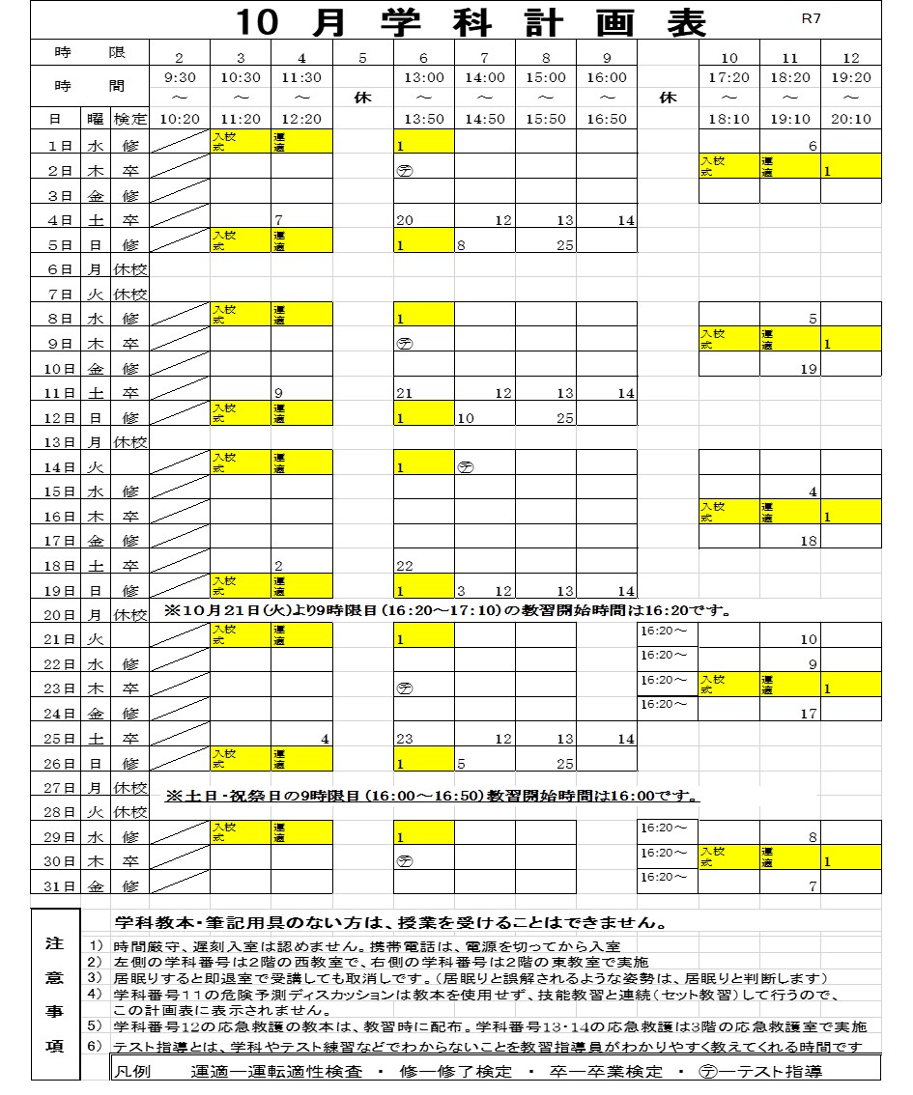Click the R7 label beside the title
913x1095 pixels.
(811, 18)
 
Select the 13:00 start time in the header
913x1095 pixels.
(423, 77)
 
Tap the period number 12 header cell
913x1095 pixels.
(850, 58)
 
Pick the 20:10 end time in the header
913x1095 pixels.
(850, 120)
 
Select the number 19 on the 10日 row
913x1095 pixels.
(809, 369)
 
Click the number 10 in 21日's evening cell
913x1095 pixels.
(809, 639)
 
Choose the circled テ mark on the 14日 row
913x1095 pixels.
(465, 467)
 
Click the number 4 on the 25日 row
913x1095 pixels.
(326, 739)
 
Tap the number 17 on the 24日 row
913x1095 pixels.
(809, 714)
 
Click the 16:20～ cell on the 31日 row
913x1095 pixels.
(666, 876)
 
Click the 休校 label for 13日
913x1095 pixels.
(129, 442)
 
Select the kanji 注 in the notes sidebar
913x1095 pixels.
(54, 944)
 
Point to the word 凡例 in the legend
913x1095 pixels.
(133, 1071)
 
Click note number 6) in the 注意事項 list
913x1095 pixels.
(95, 1047)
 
